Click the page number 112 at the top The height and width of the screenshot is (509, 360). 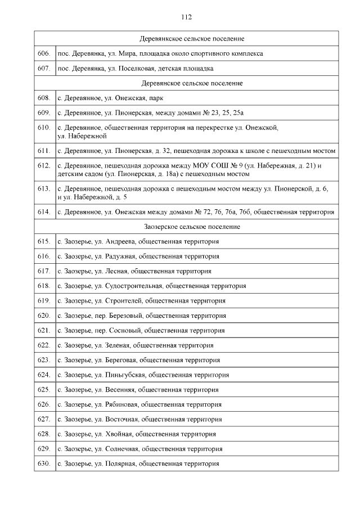186,17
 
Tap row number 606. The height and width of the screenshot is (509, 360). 44,53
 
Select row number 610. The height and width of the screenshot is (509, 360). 44,128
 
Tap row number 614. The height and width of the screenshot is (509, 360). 44,212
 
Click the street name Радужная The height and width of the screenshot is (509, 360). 121,256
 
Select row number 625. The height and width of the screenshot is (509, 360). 44,389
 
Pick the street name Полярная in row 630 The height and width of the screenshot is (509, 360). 121,464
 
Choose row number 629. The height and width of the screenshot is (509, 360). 44,449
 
